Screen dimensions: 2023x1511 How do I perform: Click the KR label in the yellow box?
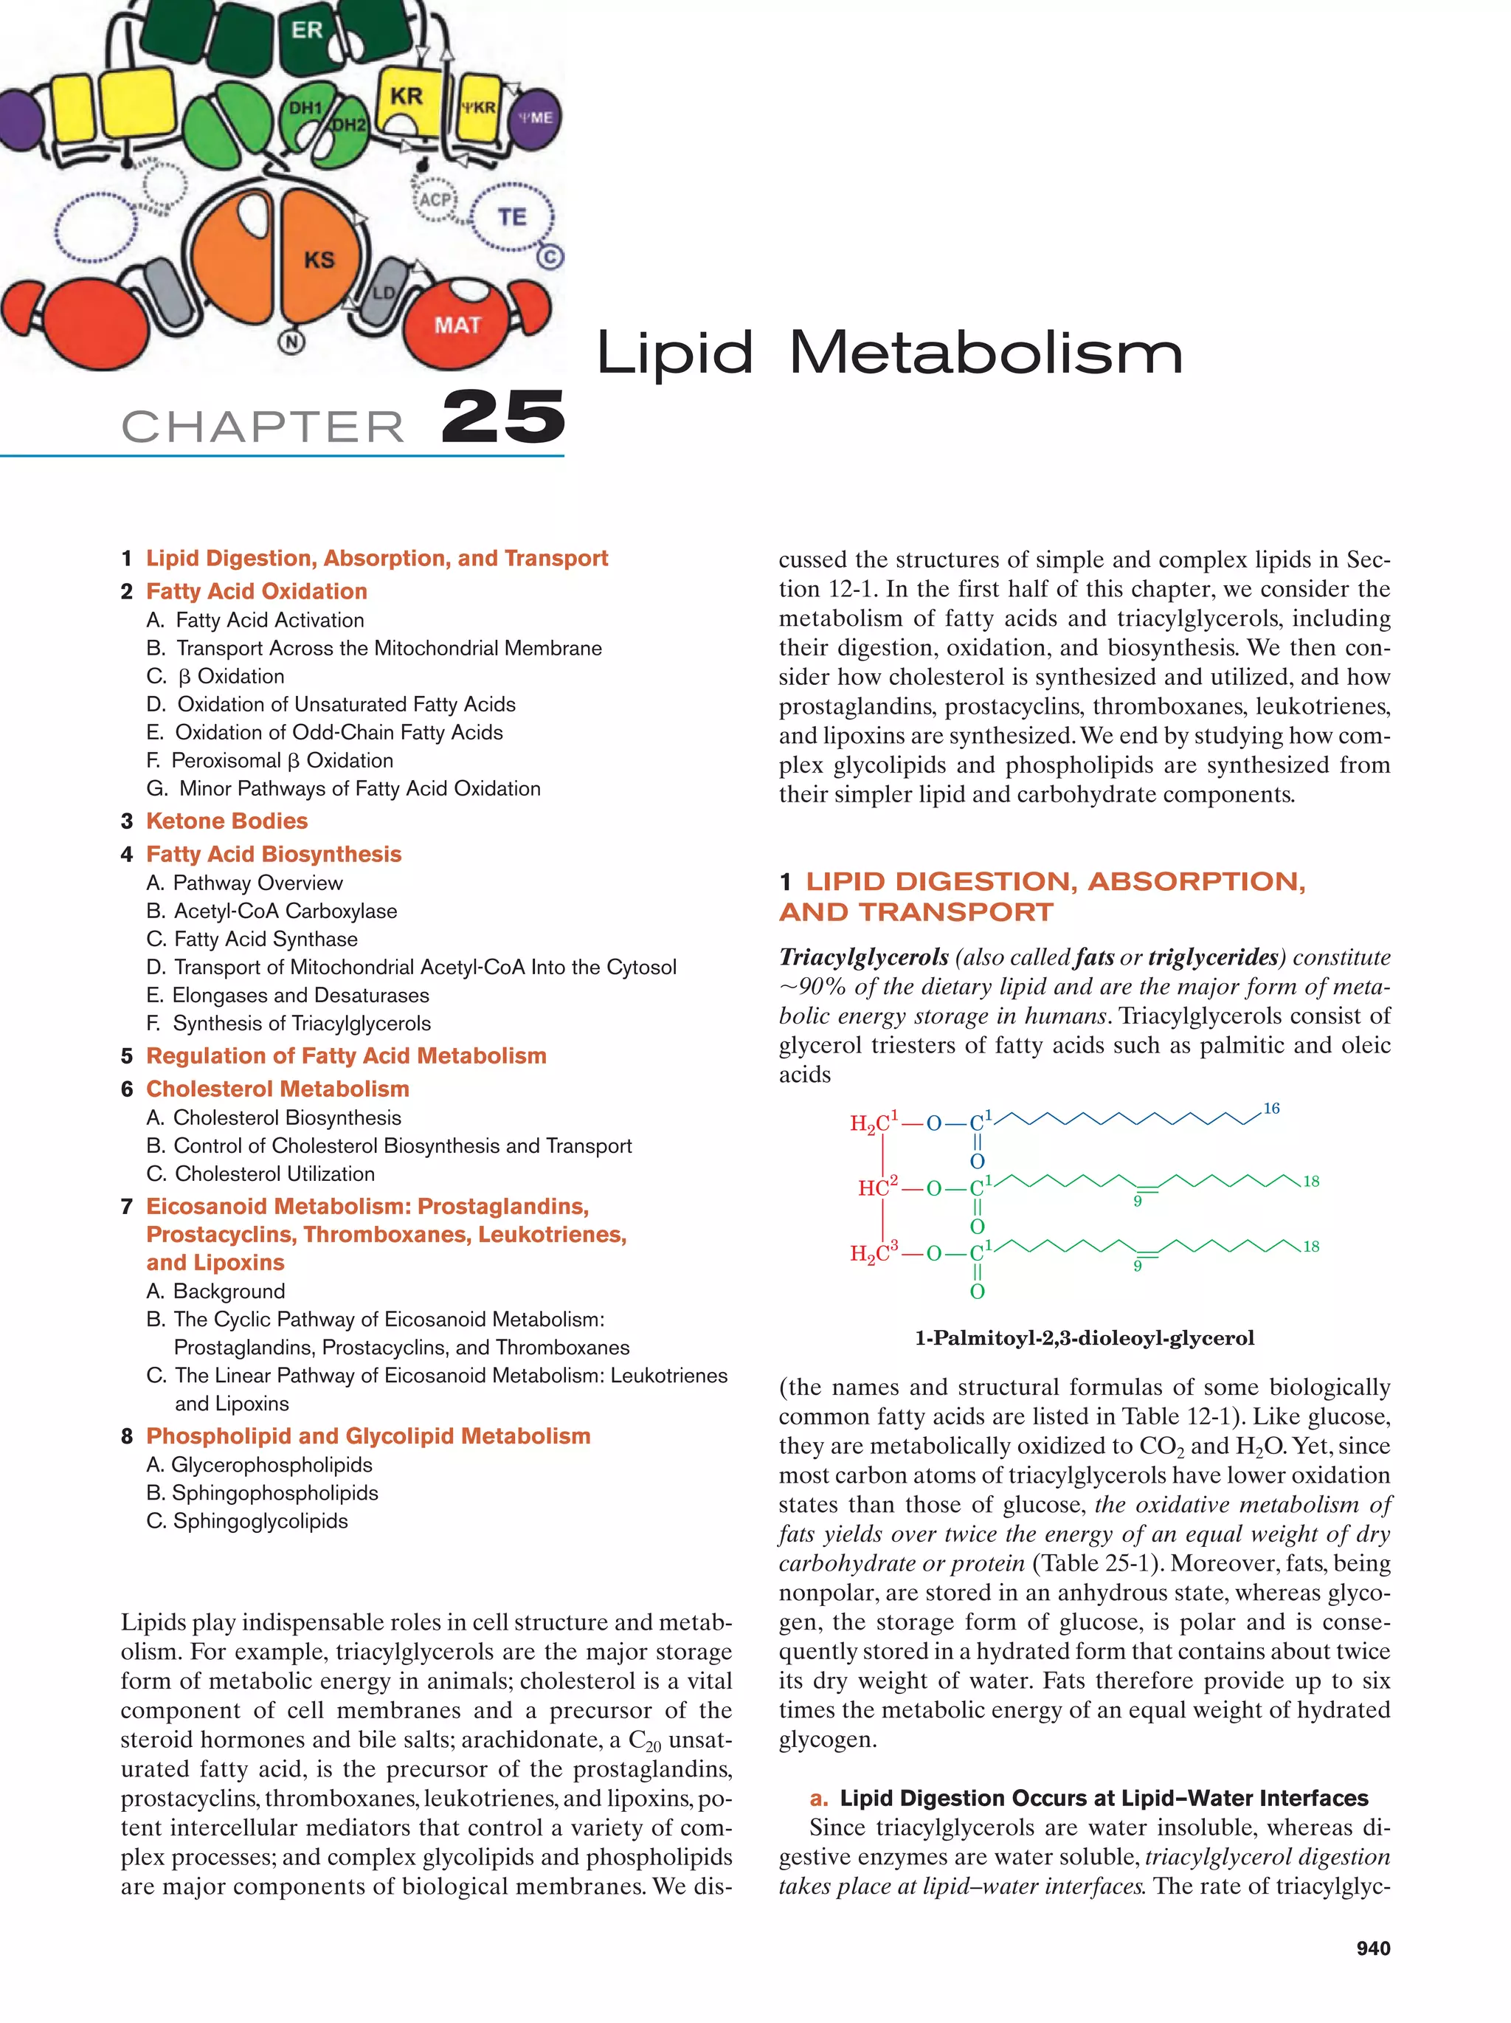(406, 96)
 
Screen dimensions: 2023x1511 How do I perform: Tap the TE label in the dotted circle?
(512, 217)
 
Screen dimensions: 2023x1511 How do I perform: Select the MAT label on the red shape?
(457, 325)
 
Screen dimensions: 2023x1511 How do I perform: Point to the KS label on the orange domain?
(319, 260)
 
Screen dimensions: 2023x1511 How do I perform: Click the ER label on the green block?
(306, 30)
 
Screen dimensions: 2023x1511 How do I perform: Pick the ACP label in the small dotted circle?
(435, 199)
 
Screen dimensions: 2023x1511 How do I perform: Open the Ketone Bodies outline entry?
(227, 821)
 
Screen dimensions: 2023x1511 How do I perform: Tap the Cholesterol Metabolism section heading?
(277, 1089)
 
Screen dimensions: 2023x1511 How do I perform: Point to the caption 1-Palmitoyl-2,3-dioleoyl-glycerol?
(1084, 1338)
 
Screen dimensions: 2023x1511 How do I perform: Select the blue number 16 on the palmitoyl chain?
(1270, 1109)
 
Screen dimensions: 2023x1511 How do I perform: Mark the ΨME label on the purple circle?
(535, 117)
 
